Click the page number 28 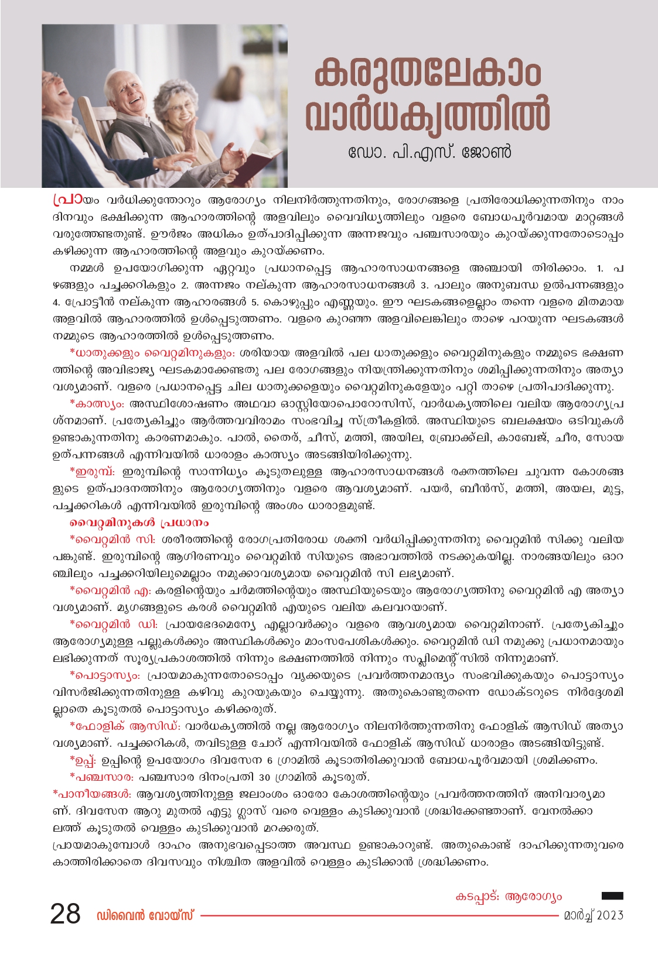pyautogui.click(x=65, y=914)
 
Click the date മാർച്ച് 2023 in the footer pyautogui.click(x=593, y=915)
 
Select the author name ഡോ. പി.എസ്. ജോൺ pyautogui.click(x=429, y=152)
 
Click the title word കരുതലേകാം pyautogui.click(x=428, y=73)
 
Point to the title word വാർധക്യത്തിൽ pyautogui.click(x=428, y=115)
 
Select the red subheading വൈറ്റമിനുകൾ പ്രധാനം pyautogui.click(x=139, y=522)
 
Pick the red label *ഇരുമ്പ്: pyautogui.click(x=93, y=471)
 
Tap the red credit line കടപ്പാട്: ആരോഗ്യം pyautogui.click(x=508, y=897)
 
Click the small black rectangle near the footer pyautogui.click(x=612, y=895)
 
